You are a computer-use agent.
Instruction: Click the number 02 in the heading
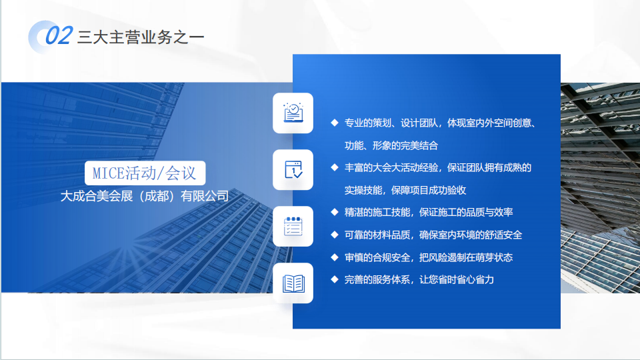[x=59, y=35]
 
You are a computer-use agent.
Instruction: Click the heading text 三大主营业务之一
[x=141, y=37]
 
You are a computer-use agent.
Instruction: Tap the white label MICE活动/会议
[x=145, y=173]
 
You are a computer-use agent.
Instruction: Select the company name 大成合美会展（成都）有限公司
[x=145, y=196]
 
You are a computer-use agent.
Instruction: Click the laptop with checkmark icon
[x=293, y=113]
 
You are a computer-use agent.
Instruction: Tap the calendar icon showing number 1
[x=293, y=170]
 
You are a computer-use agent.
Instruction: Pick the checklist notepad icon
[x=293, y=227]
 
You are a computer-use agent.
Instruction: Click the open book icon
[x=293, y=283]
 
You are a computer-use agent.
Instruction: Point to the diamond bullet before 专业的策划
[x=335, y=123]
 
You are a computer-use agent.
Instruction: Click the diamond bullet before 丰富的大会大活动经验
[x=335, y=167]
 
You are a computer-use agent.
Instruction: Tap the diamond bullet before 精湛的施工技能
[x=335, y=212]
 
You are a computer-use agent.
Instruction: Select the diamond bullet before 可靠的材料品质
[x=335, y=235]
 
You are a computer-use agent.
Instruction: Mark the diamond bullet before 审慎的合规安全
[x=335, y=257]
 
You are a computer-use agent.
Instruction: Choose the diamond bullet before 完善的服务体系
[x=335, y=279]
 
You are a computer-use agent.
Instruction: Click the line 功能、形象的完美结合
[x=391, y=145]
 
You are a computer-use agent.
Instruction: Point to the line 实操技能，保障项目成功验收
[x=405, y=190]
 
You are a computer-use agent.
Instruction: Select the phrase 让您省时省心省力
[x=457, y=279]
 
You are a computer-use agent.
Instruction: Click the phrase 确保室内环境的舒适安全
[x=471, y=235]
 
